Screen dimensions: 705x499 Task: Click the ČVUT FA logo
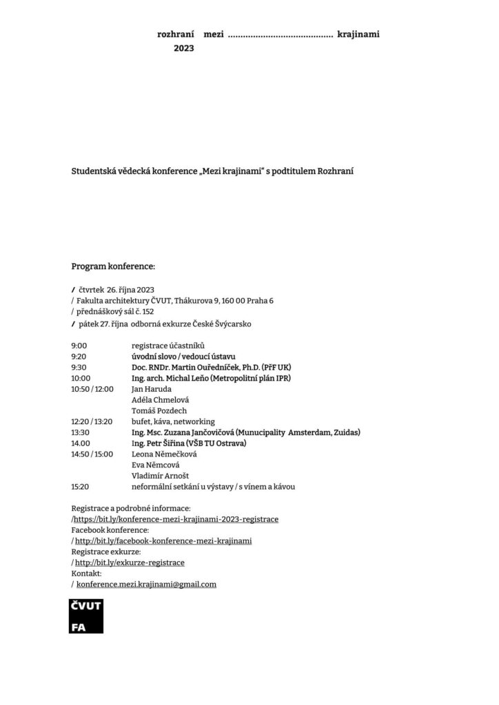coord(86,615)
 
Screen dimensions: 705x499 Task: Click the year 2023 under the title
coord(184,48)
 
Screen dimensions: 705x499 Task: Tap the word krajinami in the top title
coord(358,34)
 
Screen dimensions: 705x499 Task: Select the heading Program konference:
coord(114,266)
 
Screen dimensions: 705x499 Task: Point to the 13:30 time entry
coord(81,432)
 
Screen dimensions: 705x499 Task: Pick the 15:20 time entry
coord(80,487)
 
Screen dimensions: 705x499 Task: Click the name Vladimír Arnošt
coord(160,476)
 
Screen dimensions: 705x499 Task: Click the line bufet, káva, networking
coord(173,421)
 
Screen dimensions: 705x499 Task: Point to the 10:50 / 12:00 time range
coord(92,389)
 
